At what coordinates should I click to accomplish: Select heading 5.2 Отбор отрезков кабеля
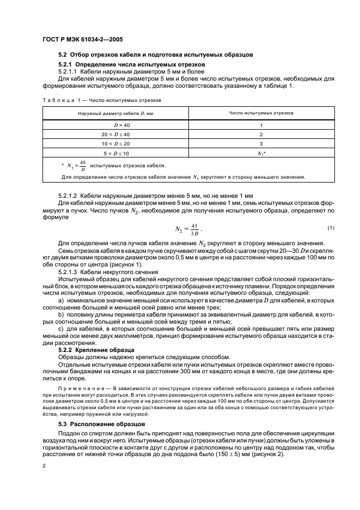click(155, 55)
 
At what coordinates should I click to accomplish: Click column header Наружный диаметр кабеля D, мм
click(115, 113)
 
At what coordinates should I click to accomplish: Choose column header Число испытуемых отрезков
click(261, 113)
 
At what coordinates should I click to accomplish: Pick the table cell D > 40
click(115, 125)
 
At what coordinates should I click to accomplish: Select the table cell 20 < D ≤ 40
click(115, 134)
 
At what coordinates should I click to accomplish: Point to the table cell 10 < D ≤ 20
click(115, 144)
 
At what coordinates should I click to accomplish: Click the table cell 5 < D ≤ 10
click(115, 154)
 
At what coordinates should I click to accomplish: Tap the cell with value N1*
click(261, 154)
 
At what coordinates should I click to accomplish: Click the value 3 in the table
click(261, 144)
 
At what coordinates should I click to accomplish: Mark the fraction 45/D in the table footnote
click(83, 165)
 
